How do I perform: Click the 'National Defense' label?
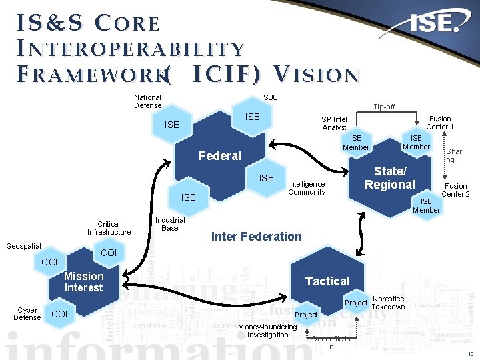click(147, 101)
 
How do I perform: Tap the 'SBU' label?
click(271, 97)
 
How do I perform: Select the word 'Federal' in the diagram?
click(220, 156)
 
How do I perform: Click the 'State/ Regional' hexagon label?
click(390, 178)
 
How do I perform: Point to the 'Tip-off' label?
click(384, 107)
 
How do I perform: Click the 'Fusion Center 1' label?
click(439, 123)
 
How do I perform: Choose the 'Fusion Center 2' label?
click(456, 190)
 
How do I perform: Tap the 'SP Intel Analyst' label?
click(334, 123)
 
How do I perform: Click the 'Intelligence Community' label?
click(306, 188)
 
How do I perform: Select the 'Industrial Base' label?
click(170, 224)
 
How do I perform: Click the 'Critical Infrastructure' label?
click(109, 228)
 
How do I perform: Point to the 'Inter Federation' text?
click(256, 236)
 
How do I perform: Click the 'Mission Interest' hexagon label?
click(84, 282)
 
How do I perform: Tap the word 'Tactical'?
click(327, 281)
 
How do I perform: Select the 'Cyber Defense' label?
click(27, 314)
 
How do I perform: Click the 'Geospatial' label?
click(23, 246)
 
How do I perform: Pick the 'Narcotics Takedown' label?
click(388, 303)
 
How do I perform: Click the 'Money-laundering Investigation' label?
click(267, 331)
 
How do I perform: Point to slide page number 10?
click(471, 353)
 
